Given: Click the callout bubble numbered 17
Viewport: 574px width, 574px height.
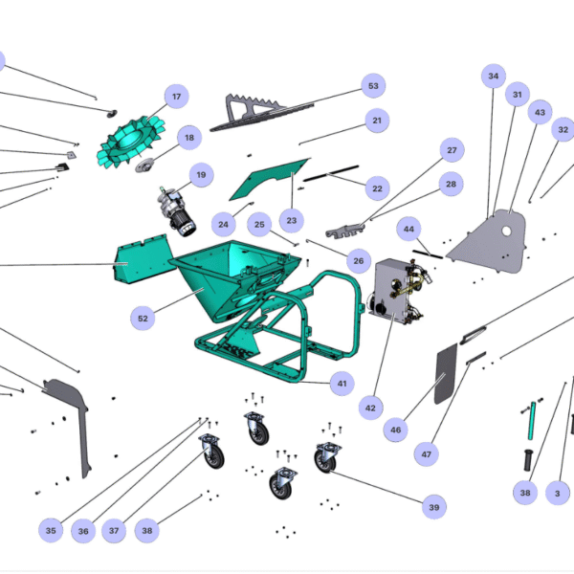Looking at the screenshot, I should [x=176, y=97].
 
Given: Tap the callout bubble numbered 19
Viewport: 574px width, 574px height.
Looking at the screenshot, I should [x=200, y=174].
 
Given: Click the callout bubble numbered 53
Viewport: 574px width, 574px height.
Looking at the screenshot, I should [x=373, y=86].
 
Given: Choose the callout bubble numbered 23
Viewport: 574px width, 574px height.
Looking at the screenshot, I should [x=292, y=221].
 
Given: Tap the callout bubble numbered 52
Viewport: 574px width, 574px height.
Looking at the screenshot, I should [x=143, y=318].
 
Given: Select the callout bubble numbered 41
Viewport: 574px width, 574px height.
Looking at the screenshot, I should [x=340, y=383].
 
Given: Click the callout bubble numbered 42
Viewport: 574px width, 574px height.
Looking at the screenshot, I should [x=370, y=408].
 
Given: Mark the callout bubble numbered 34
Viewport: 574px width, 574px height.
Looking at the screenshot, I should [x=494, y=77].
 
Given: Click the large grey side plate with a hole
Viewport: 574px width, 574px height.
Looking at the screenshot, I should [x=491, y=239].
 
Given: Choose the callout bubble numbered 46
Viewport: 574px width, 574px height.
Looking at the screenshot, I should [x=395, y=431].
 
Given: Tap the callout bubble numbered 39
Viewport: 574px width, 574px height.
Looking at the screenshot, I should [x=434, y=507].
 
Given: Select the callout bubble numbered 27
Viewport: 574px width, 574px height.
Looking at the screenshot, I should [x=451, y=151].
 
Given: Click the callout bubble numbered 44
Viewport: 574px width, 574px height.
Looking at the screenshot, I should [x=409, y=230].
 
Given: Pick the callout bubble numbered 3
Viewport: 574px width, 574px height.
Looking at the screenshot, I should [x=558, y=494].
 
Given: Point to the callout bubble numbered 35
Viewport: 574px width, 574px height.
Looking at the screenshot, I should [x=51, y=530].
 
